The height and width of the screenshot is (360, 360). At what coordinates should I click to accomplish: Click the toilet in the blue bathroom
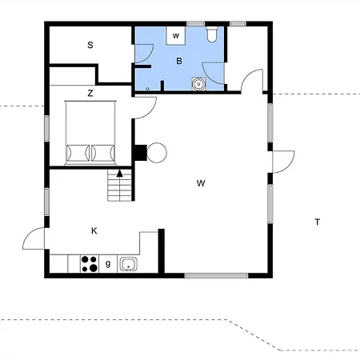pyautogui.click(x=212, y=34)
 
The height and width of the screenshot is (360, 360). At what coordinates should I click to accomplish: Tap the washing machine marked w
pyautogui.click(x=176, y=36)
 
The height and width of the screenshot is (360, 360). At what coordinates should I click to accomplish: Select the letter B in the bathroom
pyautogui.click(x=179, y=61)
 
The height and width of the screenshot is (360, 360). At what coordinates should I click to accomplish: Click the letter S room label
pyautogui.click(x=90, y=45)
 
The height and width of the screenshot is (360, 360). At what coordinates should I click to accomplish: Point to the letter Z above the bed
pyautogui.click(x=90, y=94)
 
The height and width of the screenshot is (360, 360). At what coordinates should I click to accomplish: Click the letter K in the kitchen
pyautogui.click(x=94, y=230)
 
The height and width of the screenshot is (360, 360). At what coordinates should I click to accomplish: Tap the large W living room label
pyautogui.click(x=201, y=183)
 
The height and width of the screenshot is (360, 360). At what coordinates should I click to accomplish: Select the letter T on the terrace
pyautogui.click(x=318, y=222)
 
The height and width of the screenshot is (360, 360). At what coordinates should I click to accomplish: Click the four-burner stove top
pyautogui.click(x=90, y=264)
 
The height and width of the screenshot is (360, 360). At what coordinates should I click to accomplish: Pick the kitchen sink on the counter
pyautogui.click(x=129, y=264)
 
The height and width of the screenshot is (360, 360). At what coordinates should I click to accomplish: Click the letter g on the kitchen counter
pyautogui.click(x=108, y=264)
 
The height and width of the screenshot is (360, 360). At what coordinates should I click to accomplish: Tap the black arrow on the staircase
pyautogui.click(x=120, y=174)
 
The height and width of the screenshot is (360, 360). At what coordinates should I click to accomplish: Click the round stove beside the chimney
pyautogui.click(x=157, y=153)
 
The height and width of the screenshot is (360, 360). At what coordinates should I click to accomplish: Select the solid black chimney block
pyautogui.click(x=140, y=153)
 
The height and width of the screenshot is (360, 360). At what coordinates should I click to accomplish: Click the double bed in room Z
pyautogui.click(x=90, y=133)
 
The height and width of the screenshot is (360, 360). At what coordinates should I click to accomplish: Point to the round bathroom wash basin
pyautogui.click(x=198, y=84)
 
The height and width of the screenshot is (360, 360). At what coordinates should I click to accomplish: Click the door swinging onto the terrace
pyautogui.click(x=283, y=162)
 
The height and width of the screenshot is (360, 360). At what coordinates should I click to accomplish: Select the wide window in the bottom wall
pyautogui.click(x=217, y=276)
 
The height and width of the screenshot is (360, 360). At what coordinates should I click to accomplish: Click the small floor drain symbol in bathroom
pyautogui.click(x=148, y=89)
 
